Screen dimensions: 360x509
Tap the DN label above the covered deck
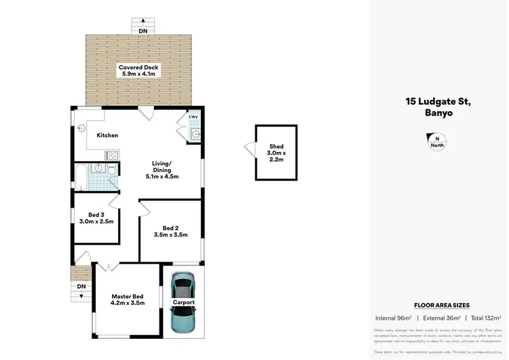tap(143, 31)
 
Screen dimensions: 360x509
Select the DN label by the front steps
tap(81, 287)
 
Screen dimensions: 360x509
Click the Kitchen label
tap(107, 135)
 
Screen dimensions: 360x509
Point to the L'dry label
tap(193, 118)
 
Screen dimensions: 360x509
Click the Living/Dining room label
tap(162, 170)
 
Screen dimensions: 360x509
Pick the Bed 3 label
tap(96, 217)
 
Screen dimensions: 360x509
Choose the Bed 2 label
tap(170, 231)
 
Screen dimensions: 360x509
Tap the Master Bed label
tap(128, 300)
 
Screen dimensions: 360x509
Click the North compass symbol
tap(436, 141)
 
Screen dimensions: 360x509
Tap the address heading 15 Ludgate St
tap(436, 102)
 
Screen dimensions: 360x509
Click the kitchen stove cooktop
tap(112, 156)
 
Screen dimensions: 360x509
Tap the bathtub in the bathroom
tap(79, 177)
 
